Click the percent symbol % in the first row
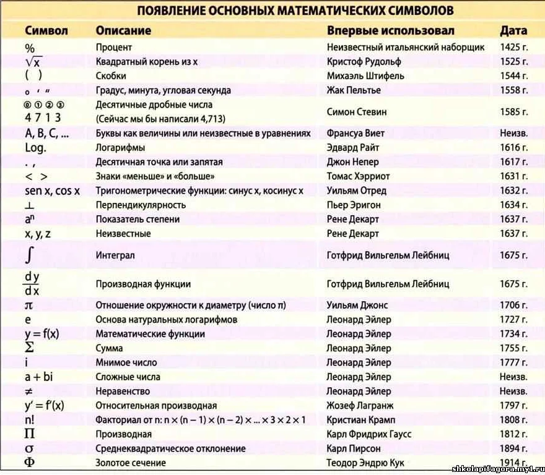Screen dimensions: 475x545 point(30,48)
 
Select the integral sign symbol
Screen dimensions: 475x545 point(30,255)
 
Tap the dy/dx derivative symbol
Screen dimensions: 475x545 point(32,284)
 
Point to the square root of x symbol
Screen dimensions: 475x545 point(33,62)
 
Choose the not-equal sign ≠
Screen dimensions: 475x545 point(29,392)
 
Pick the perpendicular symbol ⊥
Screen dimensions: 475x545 point(29,205)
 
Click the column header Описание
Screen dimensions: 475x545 point(123,30)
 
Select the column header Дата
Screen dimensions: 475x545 point(513,30)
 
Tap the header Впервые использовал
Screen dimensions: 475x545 point(390,30)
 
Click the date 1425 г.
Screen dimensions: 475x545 point(513,48)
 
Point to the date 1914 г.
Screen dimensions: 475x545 point(513,463)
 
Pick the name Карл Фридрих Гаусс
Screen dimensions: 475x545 point(368,434)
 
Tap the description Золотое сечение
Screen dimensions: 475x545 point(131,463)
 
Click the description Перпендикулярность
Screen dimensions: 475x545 point(141,205)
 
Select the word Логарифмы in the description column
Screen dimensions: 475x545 point(120,147)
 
